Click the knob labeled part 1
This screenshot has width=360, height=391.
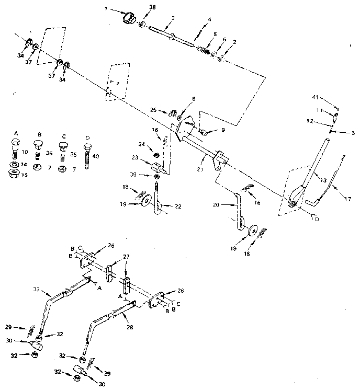[128, 19]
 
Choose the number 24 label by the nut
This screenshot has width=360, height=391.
[142, 143]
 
